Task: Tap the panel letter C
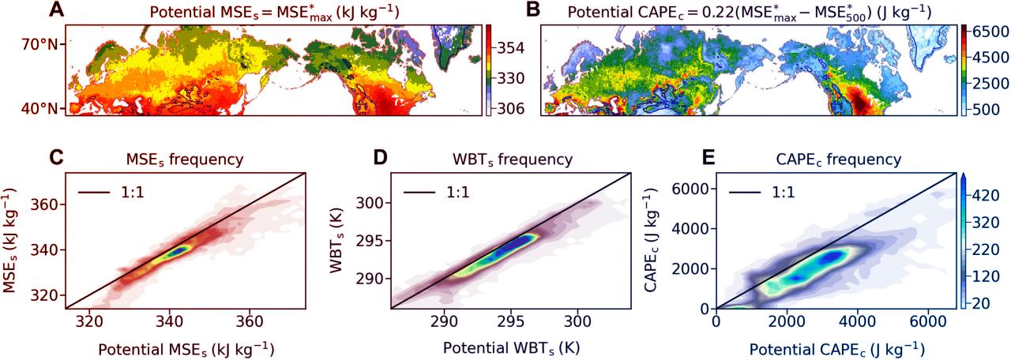(56, 156)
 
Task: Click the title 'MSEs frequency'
(184, 160)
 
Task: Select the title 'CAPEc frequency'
(831, 160)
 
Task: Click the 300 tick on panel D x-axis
(577, 322)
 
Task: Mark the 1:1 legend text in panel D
(460, 192)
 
